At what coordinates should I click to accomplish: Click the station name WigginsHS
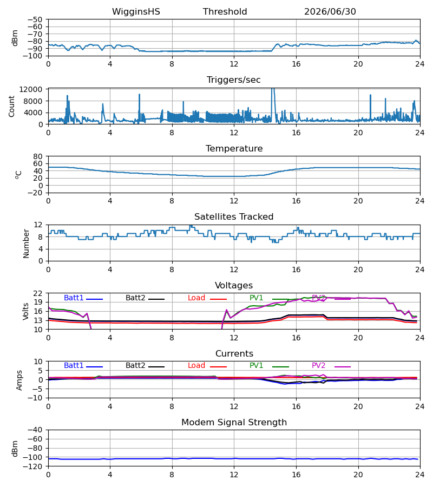[x=136, y=11]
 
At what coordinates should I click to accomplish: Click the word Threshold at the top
[x=225, y=11]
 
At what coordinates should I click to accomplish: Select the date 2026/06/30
[x=330, y=11]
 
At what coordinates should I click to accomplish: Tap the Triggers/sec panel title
[x=234, y=80]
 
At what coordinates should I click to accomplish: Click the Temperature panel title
[x=234, y=148]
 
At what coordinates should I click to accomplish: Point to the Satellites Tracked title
[x=234, y=217]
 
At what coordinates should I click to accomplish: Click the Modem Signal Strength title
[x=234, y=423]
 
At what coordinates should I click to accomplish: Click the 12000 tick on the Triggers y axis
[x=31, y=89]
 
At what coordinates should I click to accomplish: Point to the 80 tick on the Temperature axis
[x=37, y=156]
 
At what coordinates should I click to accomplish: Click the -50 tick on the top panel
[x=35, y=19]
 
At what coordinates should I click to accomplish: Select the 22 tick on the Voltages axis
[x=37, y=293]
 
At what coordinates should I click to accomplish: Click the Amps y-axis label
[x=19, y=380]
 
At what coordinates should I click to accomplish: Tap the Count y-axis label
[x=11, y=107]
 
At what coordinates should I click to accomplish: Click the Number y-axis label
[x=26, y=244]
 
